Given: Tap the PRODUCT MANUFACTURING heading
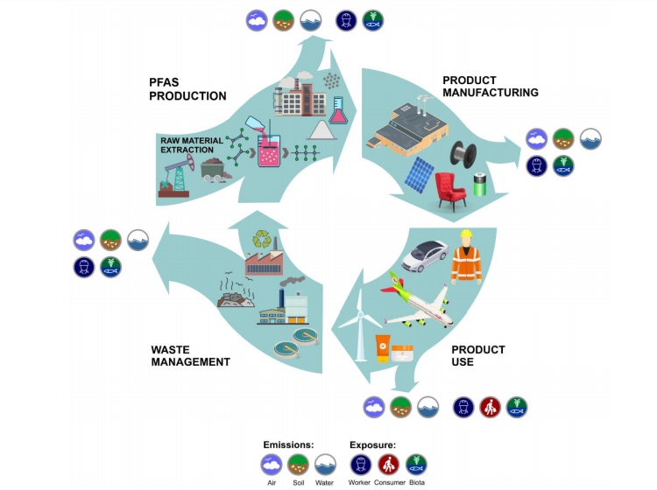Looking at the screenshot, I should pyautogui.click(x=490, y=86).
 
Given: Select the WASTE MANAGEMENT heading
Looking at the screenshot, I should pyautogui.click(x=190, y=355).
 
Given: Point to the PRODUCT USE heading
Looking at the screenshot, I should pyautogui.click(x=477, y=355).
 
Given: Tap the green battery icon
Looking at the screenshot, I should pyautogui.click(x=479, y=185).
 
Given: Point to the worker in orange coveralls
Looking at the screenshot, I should pyautogui.click(x=466, y=255).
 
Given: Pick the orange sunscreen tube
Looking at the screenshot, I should pyautogui.click(x=383, y=348).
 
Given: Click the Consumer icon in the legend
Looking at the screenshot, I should pyautogui.click(x=388, y=465).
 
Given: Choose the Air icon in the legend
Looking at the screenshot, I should pyautogui.click(x=271, y=465).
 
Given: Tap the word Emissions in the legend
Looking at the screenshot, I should pyautogui.click(x=288, y=444).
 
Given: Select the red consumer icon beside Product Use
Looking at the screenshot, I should pyautogui.click(x=491, y=407).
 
